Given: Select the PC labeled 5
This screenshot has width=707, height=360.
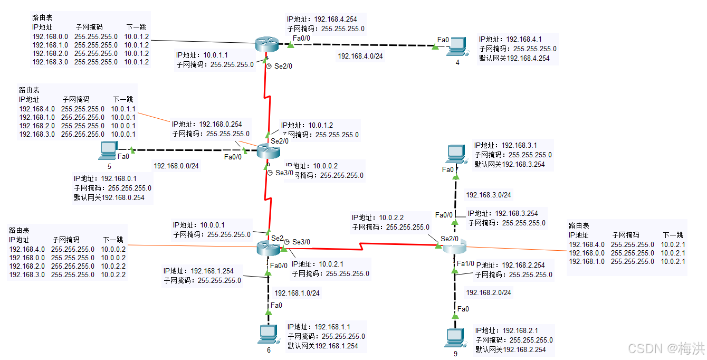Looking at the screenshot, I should click(x=108, y=150).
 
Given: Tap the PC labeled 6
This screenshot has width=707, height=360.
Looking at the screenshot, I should click(x=268, y=334).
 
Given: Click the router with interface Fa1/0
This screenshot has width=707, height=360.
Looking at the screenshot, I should click(x=454, y=246).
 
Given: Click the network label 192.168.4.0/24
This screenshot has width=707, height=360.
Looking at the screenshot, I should click(x=361, y=56).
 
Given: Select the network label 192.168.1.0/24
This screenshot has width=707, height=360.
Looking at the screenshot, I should click(x=297, y=293).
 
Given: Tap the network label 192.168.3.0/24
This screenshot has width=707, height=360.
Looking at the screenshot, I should click(x=488, y=195).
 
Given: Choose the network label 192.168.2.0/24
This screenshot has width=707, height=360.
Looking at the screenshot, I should click(x=488, y=292).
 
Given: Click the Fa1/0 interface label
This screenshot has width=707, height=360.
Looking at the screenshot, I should click(x=466, y=263).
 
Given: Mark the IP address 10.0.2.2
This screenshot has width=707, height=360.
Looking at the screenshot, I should click(x=391, y=217).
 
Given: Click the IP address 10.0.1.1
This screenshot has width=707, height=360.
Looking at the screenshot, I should click(x=216, y=55).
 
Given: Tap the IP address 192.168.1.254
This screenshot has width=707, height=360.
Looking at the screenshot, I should click(x=212, y=271).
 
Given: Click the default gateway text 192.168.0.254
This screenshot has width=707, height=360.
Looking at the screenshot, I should click(x=113, y=198).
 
